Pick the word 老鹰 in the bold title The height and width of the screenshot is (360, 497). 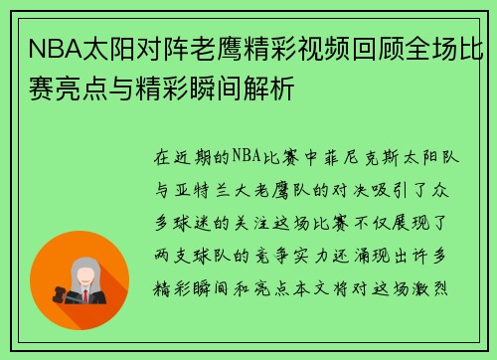click(x=203, y=46)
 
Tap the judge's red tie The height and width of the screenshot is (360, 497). click(x=86, y=294)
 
